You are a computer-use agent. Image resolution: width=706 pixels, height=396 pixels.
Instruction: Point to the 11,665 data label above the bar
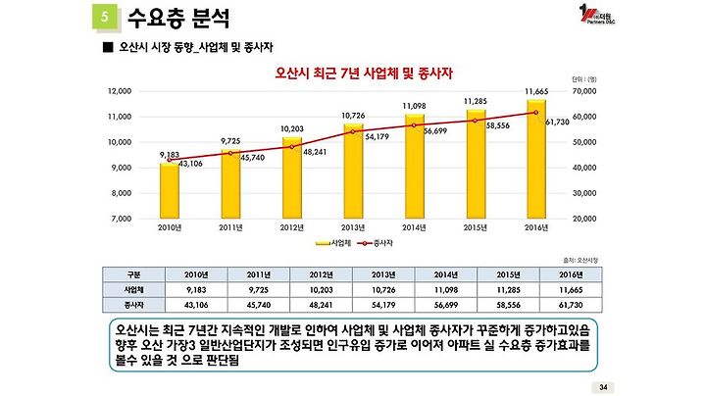click(537, 90)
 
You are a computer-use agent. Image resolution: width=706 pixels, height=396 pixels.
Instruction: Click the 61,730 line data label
click(557, 122)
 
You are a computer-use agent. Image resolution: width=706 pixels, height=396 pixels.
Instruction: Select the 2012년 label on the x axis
click(291, 227)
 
